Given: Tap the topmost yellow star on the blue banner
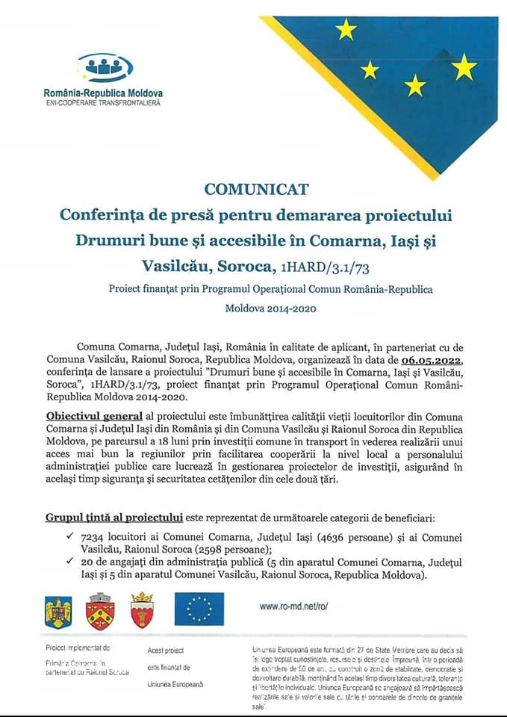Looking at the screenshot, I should coord(346,29).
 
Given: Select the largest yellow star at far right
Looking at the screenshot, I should coord(464,67).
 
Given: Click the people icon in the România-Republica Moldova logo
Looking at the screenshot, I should coord(104,67).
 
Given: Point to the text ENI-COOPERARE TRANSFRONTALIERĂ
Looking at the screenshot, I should coord(103,102).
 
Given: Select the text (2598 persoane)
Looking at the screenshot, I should coord(225,548).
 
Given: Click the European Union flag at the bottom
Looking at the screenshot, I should coord(199,608).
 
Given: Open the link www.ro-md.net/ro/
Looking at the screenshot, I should coord(294,606).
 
